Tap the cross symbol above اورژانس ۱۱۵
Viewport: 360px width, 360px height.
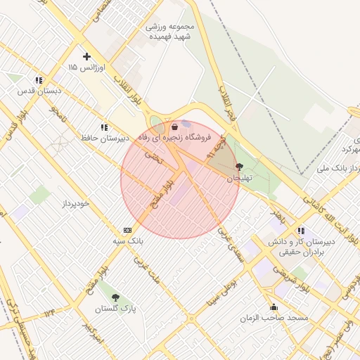coord(86,56)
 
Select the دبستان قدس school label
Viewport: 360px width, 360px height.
coord(39,91)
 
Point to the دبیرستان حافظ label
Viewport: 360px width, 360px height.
coord(104,139)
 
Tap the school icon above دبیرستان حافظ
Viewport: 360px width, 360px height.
coord(104,127)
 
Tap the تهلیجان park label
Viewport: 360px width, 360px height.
coord(239,179)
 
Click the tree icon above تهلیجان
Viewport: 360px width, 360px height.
coord(240,167)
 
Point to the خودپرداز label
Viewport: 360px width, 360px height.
coord(75,203)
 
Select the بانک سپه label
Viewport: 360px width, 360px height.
coord(127,240)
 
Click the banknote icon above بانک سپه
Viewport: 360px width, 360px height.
coord(127,229)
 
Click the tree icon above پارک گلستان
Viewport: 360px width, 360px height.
coord(115,297)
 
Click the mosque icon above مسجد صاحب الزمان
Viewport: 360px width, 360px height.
coord(274,307)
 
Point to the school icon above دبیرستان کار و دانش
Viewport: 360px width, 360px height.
coord(301,230)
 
